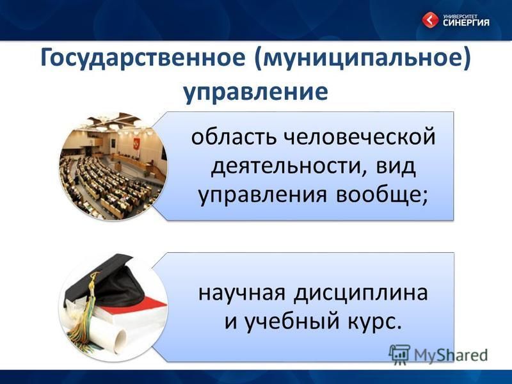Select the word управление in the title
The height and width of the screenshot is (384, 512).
point(255,92)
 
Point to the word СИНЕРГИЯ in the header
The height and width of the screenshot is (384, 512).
point(467,22)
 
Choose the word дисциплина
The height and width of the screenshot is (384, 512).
point(360,293)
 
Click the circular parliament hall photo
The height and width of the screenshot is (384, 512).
point(113,166)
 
